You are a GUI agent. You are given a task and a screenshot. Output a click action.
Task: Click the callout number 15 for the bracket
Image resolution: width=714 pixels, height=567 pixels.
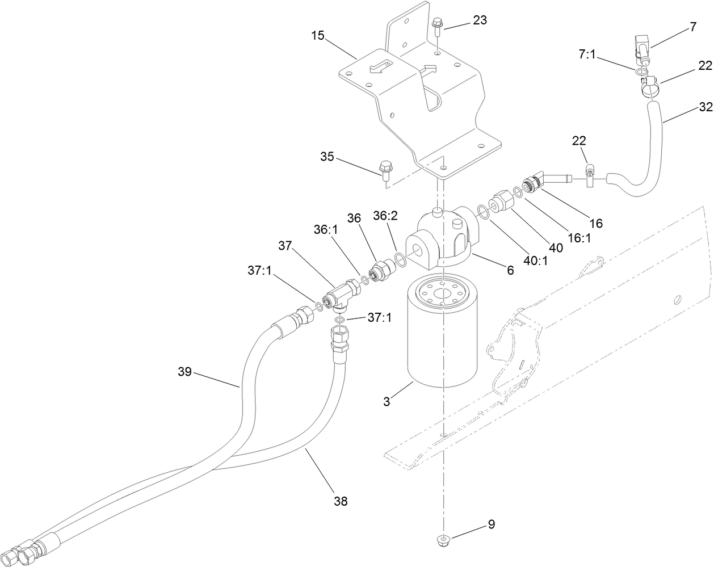pos(317,36)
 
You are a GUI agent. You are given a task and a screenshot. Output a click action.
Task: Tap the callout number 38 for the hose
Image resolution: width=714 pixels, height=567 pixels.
pos(341,501)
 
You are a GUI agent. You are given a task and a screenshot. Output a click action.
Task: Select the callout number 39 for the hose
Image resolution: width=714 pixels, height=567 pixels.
pos(184,372)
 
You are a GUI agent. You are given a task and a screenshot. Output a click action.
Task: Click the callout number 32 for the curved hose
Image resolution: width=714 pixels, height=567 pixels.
pos(705,106)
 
